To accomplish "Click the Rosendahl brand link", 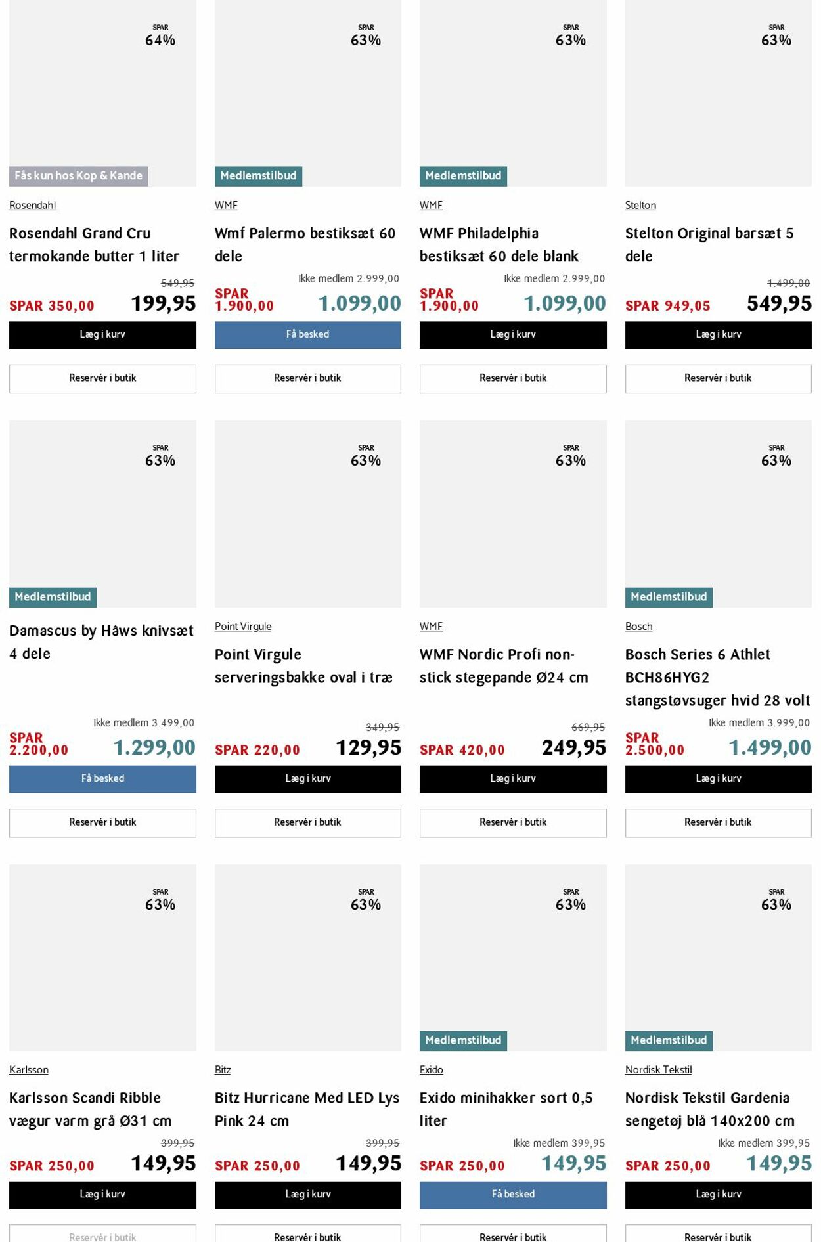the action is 32,206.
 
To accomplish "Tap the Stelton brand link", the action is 640,206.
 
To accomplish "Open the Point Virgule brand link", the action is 243,627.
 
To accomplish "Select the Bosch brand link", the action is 638,627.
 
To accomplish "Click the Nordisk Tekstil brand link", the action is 658,1070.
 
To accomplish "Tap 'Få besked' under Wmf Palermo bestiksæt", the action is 307,335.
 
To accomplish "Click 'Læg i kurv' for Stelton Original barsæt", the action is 718,335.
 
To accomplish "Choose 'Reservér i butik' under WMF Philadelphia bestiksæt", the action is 513,378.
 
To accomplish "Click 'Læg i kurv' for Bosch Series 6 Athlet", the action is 718,779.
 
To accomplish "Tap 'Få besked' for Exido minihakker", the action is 513,1195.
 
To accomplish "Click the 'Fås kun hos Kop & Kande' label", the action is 78,176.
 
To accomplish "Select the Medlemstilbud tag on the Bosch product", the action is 669,597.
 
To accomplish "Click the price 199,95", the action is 164,303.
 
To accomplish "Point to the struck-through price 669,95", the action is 588,727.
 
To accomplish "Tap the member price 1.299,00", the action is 154,747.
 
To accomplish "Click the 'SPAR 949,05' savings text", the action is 668,306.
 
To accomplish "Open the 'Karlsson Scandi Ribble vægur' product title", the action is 90,1109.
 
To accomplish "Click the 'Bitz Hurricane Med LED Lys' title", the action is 307,1109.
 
